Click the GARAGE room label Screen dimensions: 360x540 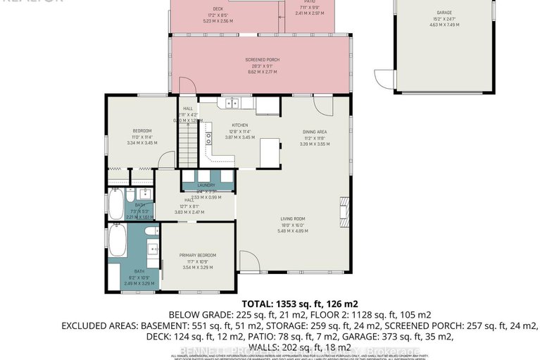pyautogui.click(x=444, y=13)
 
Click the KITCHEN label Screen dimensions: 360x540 pyautogui.click(x=241, y=125)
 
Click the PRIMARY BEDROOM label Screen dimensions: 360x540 pyautogui.click(x=197, y=255)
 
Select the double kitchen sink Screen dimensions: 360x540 pyautogui.click(x=232, y=104)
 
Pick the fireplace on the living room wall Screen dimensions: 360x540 pyautogui.click(x=344, y=208)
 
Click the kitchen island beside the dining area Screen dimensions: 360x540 pyautogui.click(x=269, y=151)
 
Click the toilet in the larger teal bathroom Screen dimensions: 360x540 pyautogui.click(x=149, y=231)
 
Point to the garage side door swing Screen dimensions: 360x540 pyautogui.click(x=382, y=79)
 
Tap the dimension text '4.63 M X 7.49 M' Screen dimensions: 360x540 pyautogui.click(x=444, y=25)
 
